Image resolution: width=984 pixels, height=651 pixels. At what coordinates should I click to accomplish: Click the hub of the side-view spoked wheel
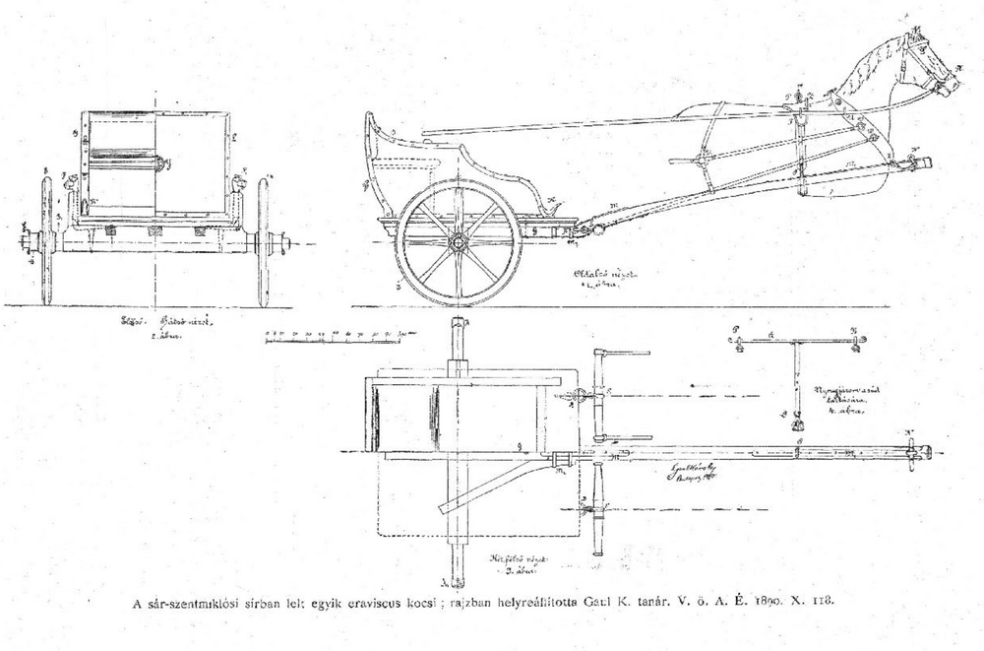(458, 241)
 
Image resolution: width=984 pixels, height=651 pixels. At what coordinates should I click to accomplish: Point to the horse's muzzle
(953, 86)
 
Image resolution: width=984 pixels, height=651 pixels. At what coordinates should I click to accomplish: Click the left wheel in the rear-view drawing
(46, 241)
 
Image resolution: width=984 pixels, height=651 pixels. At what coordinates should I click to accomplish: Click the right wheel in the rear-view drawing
(263, 241)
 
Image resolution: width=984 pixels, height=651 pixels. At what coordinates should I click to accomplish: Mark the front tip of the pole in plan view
(925, 454)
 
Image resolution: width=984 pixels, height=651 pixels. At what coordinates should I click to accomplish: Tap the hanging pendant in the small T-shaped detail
(795, 425)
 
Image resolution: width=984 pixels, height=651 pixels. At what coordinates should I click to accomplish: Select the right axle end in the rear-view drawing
(286, 241)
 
